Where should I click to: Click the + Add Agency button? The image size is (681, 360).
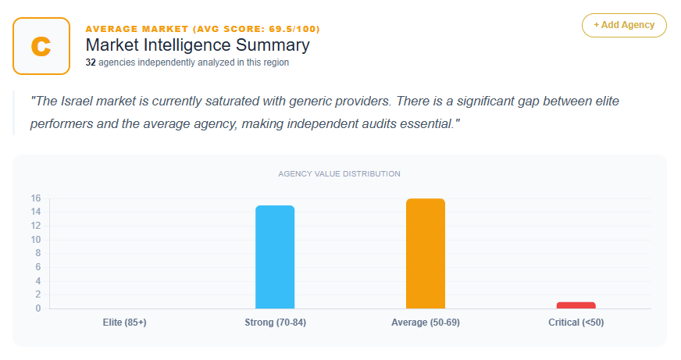click(x=623, y=25)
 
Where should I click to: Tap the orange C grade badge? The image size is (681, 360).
click(x=41, y=46)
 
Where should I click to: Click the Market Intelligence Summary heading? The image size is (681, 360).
click(x=197, y=45)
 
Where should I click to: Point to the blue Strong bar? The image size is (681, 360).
click(x=275, y=257)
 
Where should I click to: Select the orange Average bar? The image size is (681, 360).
click(x=425, y=254)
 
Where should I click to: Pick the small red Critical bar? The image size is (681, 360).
click(x=576, y=305)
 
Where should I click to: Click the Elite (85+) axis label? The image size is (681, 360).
click(x=124, y=323)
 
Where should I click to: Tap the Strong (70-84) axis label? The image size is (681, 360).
click(x=275, y=323)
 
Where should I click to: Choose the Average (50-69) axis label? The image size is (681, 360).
click(x=425, y=323)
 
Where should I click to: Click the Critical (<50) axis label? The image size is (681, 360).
click(x=576, y=323)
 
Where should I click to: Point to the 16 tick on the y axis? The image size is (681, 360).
click(x=36, y=198)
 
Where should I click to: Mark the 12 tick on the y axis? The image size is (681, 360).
click(x=36, y=226)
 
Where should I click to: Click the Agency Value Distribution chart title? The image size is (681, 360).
click(x=339, y=173)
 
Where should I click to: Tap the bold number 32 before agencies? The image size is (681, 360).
click(x=91, y=62)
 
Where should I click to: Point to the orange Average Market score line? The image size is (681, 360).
click(x=202, y=29)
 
